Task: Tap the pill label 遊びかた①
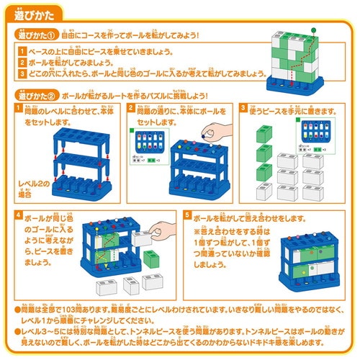point(37,35)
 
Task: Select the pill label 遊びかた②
point(37,94)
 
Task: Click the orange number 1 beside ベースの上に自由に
point(22,51)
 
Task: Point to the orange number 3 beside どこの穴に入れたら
point(22,73)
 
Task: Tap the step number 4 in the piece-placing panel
point(18,216)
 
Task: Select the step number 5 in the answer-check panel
point(187,216)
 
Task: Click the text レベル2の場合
point(31,189)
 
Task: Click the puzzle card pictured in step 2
point(148,147)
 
